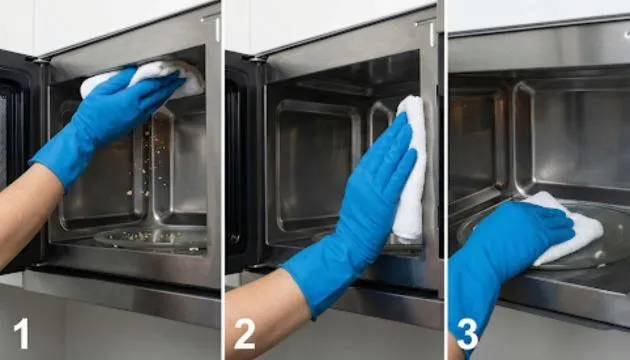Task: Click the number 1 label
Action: coord(21,333)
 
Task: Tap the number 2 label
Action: coord(244,333)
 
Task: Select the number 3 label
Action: coord(467,333)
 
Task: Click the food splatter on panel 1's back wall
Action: coord(151,165)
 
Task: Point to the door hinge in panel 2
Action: coord(256,59)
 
